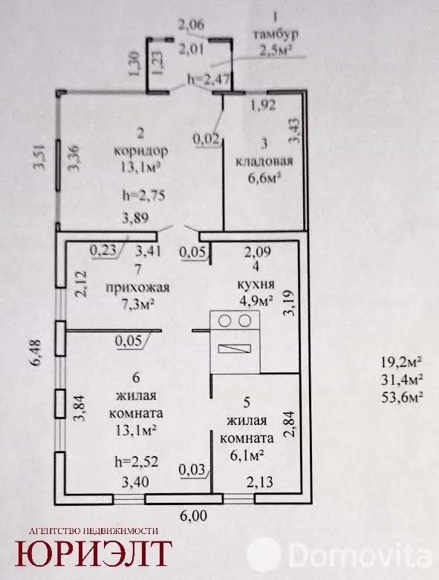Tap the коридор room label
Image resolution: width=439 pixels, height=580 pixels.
tap(140, 151)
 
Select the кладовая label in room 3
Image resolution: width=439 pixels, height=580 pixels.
tap(264, 161)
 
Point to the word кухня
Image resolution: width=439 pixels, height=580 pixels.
tap(256, 284)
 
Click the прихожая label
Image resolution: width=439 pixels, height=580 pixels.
tap(138, 287)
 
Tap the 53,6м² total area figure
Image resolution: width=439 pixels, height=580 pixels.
tap(402, 397)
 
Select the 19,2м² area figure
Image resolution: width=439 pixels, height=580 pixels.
tap(402, 361)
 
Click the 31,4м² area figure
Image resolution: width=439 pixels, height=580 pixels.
tap(402, 379)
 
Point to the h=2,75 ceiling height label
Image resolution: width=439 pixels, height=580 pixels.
tap(144, 195)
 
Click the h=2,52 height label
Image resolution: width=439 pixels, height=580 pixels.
tap(137, 461)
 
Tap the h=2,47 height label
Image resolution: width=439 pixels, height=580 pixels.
tap(209, 79)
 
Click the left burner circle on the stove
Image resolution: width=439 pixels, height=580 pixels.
tap(224, 320)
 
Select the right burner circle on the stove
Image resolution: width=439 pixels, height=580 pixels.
tap(244, 320)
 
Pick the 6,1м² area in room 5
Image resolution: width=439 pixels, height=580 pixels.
tap(247, 455)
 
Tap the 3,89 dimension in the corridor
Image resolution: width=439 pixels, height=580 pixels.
tap(135, 217)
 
